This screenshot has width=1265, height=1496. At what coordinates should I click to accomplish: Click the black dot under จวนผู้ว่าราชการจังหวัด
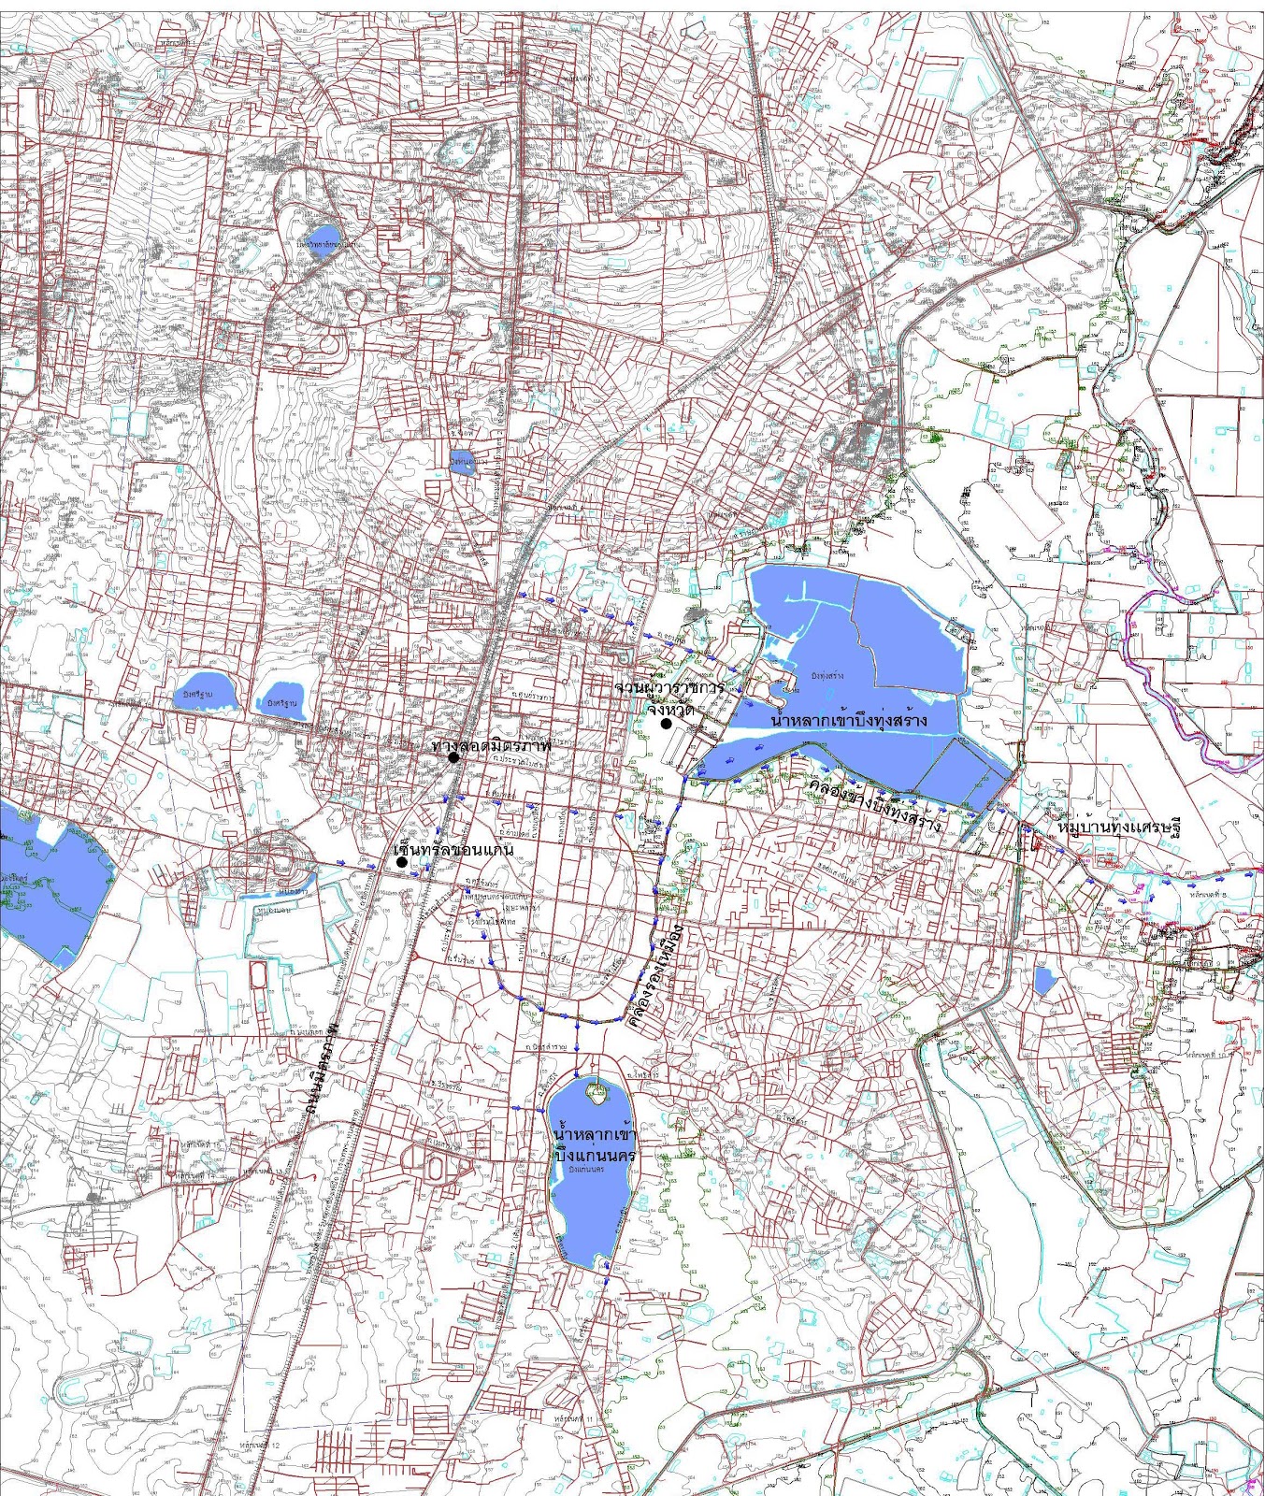click(666, 724)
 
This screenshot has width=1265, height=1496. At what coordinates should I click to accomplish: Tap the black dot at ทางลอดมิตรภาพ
click(453, 758)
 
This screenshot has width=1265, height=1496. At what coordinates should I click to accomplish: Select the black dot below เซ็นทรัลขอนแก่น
click(401, 863)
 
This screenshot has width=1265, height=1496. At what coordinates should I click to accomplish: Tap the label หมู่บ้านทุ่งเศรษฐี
click(1118, 829)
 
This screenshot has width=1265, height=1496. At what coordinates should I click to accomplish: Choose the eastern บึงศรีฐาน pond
click(281, 699)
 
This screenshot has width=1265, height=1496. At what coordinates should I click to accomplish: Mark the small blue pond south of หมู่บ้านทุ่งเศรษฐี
click(1044, 980)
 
